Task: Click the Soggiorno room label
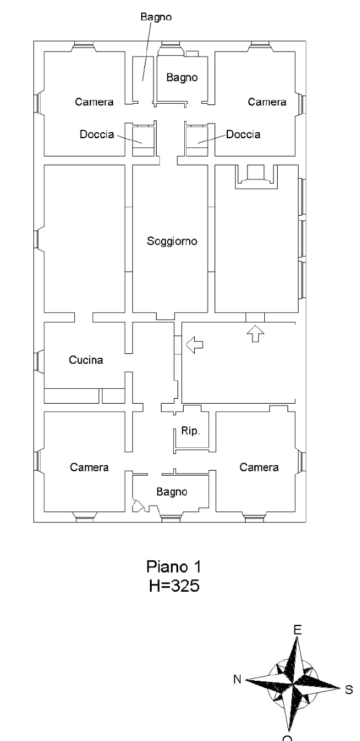point(172,241)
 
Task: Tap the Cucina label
point(86,361)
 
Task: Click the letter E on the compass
point(297,629)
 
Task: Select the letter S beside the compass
point(349,689)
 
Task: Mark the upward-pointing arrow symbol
point(256,333)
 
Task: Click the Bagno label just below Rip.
point(172,492)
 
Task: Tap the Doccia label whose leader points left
point(243,134)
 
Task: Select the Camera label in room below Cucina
point(89,468)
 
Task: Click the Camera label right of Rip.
point(259,468)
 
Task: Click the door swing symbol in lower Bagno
point(139,506)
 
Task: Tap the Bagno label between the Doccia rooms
point(182,77)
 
